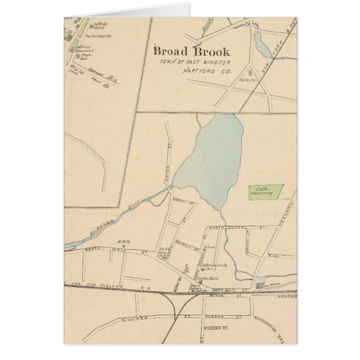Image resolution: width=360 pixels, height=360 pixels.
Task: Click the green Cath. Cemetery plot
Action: point(266,192)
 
